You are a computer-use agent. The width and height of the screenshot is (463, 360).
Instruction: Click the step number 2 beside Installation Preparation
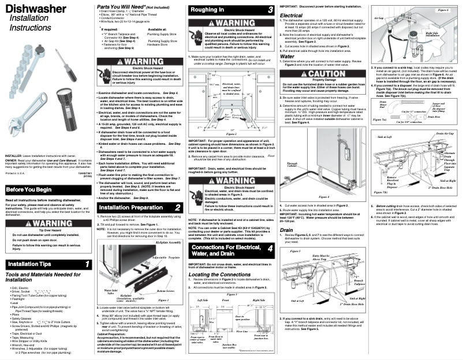tap(177, 207)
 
